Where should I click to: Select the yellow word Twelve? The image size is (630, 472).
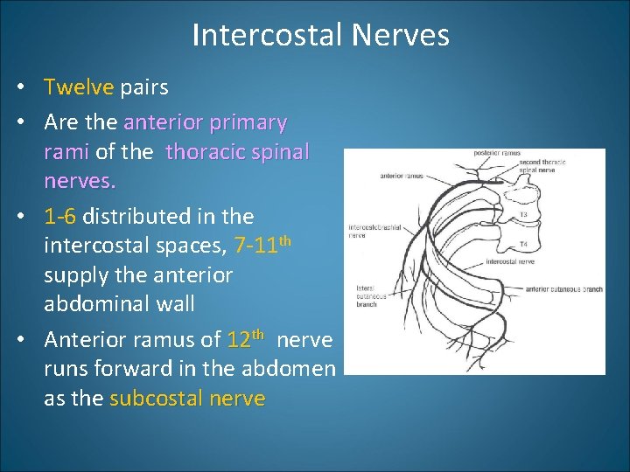tap(79, 87)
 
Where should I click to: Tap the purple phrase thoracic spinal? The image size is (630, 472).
tap(237, 152)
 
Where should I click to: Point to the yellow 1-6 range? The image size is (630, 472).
tap(60, 216)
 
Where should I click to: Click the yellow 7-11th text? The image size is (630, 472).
tap(262, 246)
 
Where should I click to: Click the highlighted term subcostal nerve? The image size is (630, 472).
tap(187, 399)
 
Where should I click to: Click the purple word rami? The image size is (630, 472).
tap(66, 152)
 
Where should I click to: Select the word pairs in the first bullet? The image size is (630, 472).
tap(144, 87)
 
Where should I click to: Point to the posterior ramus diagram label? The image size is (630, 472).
tap(497, 154)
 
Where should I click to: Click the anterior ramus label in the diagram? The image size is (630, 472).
tap(402, 175)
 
